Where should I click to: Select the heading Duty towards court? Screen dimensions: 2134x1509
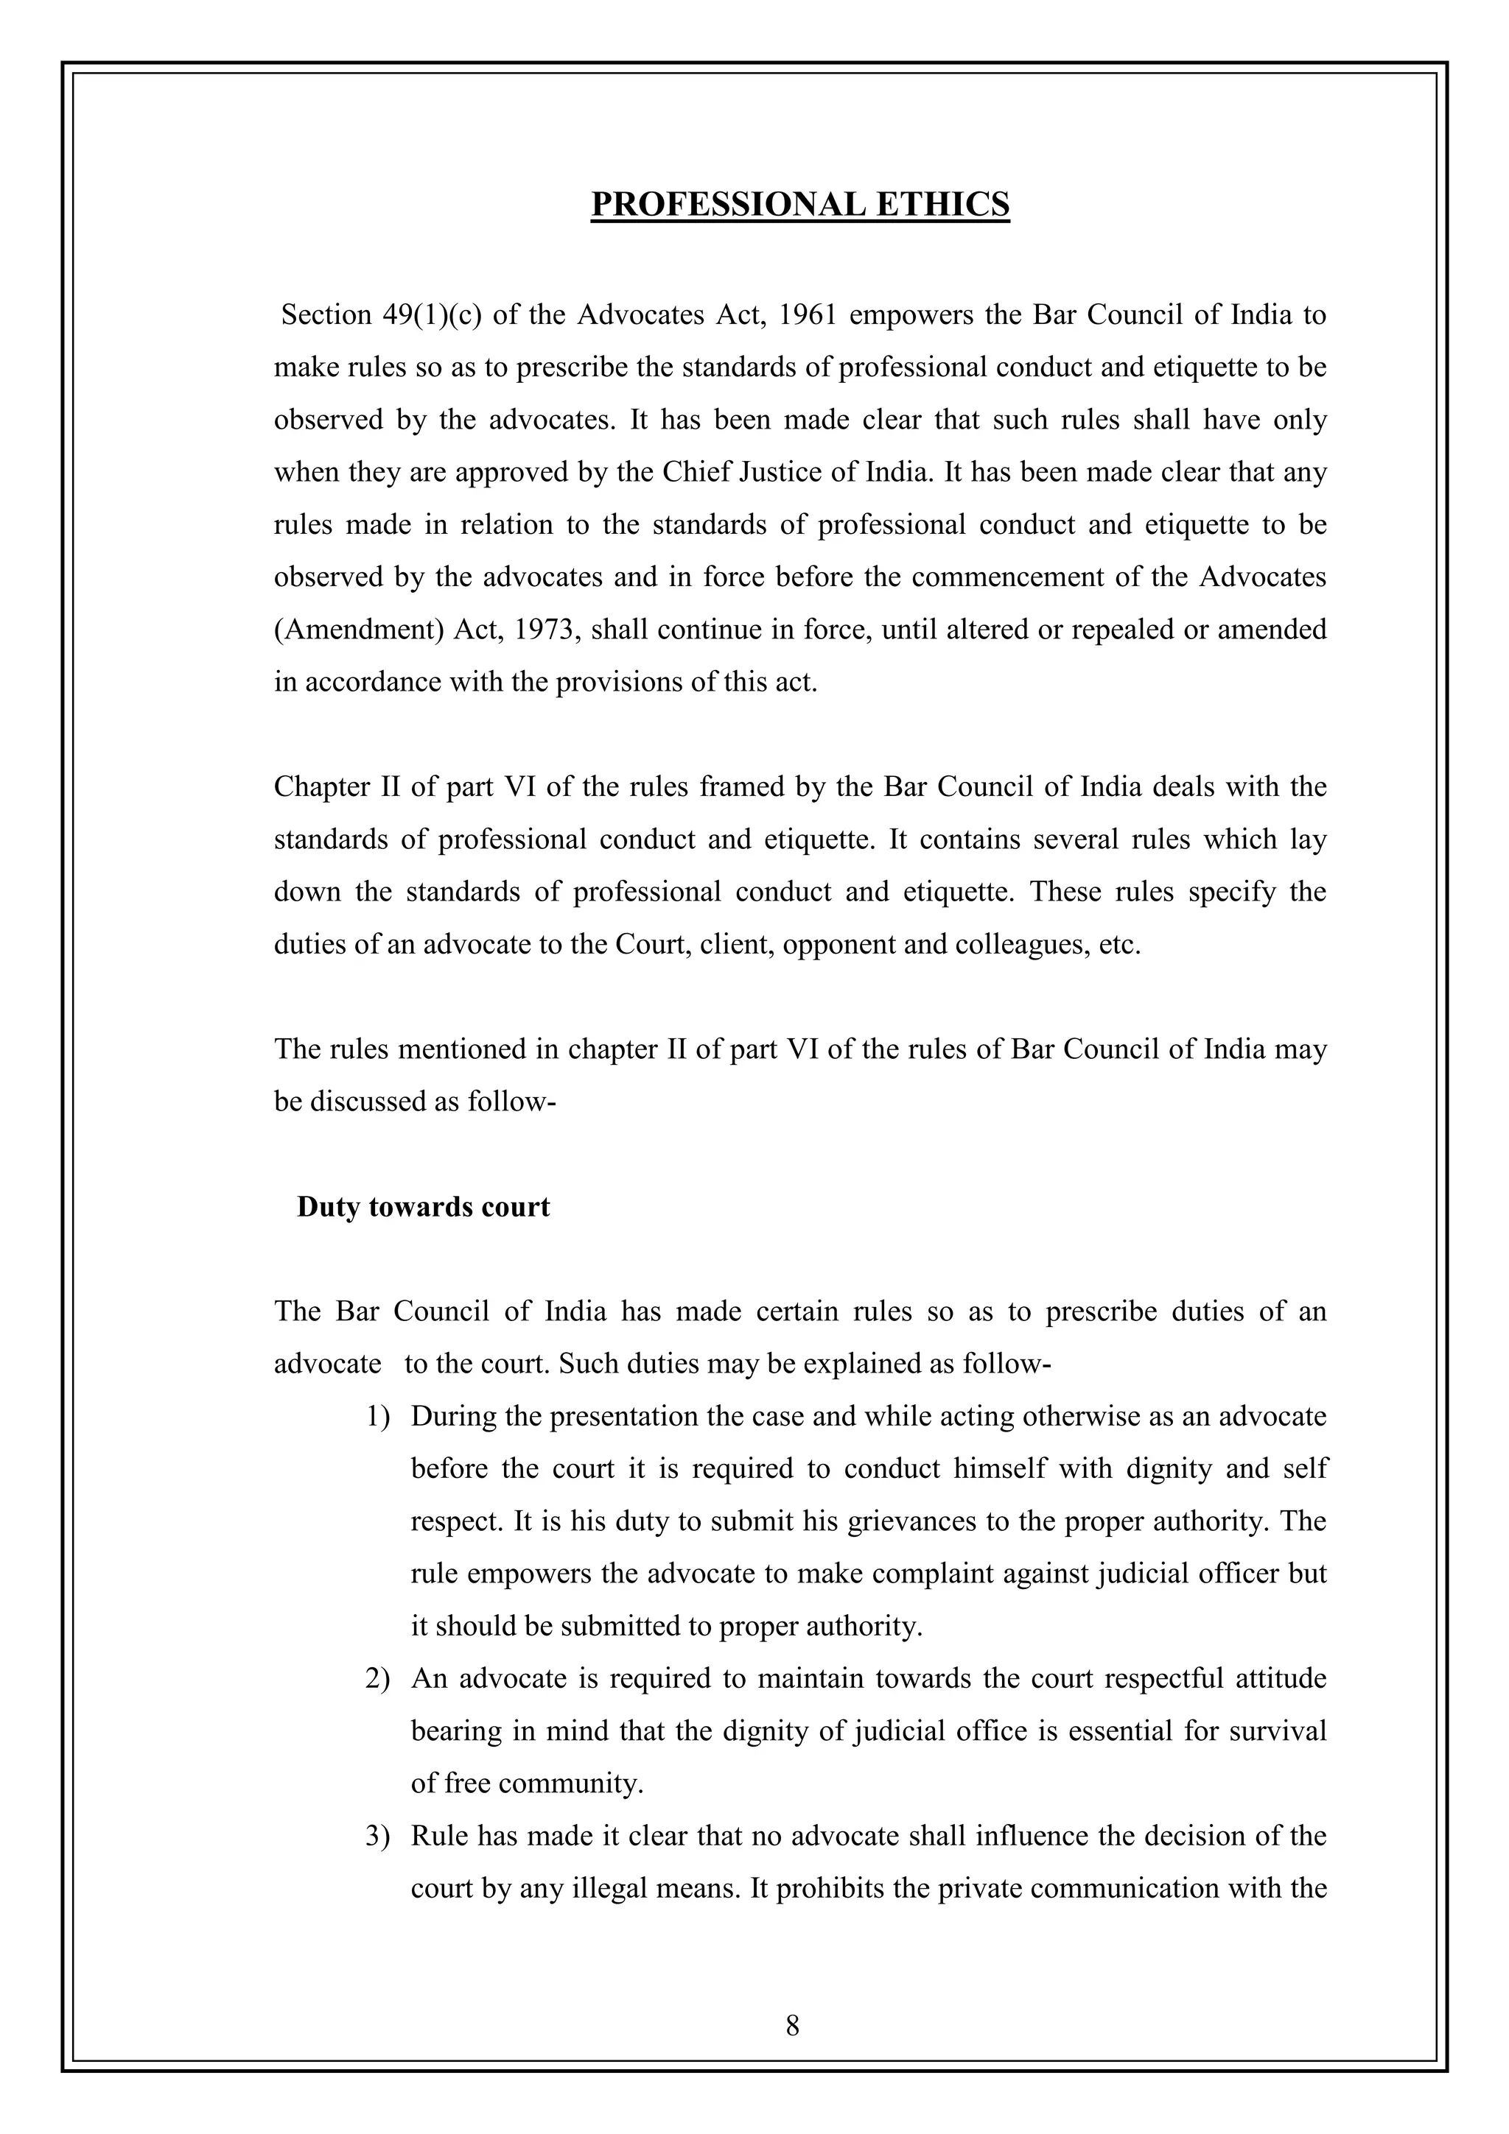coord(423,1206)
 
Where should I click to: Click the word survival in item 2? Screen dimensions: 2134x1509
coord(1281,1730)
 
